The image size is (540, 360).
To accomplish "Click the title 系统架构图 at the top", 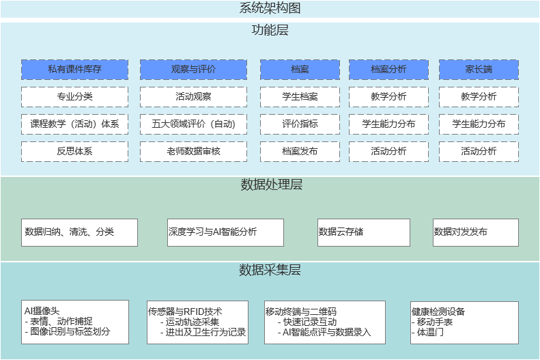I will click(270, 8).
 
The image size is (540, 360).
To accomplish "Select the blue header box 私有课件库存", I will click(74, 69).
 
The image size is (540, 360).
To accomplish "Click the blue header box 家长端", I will click(479, 69).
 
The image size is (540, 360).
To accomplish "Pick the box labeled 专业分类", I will click(74, 96).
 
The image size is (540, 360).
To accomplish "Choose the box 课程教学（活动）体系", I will click(74, 124).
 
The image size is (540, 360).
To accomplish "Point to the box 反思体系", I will click(74, 151).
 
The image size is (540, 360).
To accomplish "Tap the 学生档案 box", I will click(300, 96).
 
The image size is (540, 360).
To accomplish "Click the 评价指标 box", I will click(300, 124).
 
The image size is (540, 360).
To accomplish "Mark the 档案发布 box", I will click(300, 151).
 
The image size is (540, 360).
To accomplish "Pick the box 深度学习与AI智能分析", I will click(225, 232).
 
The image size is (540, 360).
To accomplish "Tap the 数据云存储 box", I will click(363, 232).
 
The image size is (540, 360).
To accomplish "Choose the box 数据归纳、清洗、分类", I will click(79, 232).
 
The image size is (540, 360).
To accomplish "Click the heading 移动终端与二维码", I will click(300, 311).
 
